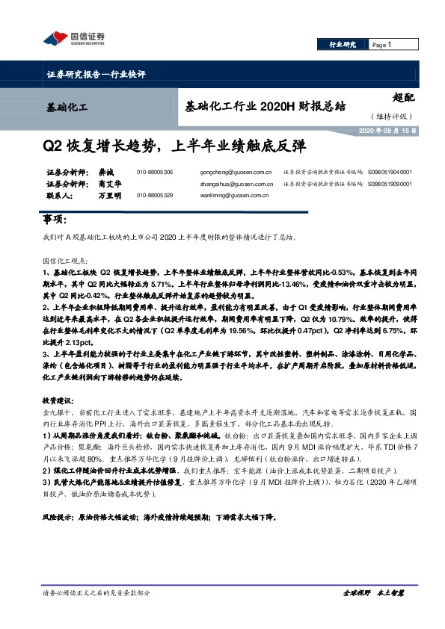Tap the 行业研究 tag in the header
coord(344,46)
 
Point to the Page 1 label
coord(382,46)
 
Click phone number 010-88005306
coord(155,172)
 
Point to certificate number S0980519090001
coord(390,184)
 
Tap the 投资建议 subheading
coord(56,400)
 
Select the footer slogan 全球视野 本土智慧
coord(372,592)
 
